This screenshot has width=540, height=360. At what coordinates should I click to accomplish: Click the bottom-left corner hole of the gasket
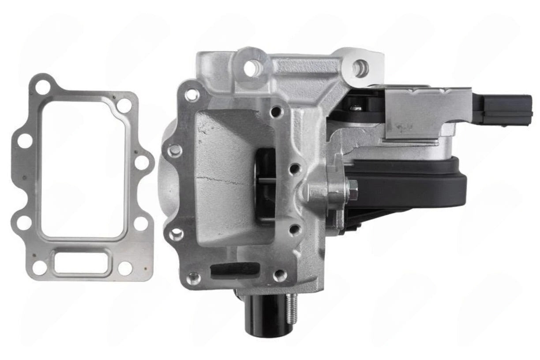pos(39,267)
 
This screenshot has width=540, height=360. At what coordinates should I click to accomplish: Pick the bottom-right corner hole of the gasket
pos(125,268)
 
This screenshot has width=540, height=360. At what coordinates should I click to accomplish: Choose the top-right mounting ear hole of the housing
pos(361,68)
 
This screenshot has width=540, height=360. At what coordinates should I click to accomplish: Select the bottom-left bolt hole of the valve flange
pos(193,278)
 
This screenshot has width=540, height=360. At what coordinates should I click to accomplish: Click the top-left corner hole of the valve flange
pos(192,94)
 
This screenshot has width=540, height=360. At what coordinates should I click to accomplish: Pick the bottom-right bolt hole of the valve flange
pos(280,275)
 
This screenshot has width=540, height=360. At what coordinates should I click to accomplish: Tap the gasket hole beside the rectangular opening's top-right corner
pos(124,105)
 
